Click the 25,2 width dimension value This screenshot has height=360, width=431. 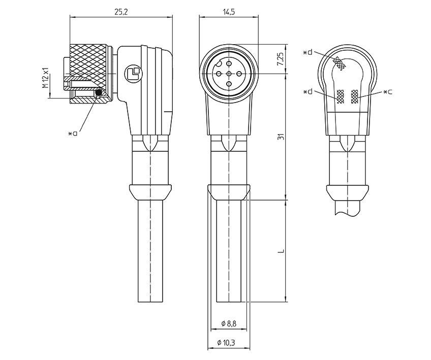pos(120,12)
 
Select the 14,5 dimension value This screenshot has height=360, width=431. pos(229,12)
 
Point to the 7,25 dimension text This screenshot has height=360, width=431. pos(281,60)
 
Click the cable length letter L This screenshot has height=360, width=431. pos(281,251)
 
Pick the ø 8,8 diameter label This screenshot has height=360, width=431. pos(229,323)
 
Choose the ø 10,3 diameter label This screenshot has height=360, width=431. pos(229,343)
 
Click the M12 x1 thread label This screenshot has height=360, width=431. pos(45,78)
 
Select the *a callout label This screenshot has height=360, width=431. pos(73,134)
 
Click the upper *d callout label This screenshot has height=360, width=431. pos(307,52)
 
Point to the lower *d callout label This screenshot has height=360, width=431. pos(307,92)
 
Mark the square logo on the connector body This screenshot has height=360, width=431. pos(134,74)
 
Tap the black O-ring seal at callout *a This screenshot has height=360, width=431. pos(99,92)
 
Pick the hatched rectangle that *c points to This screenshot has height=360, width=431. pos(354,96)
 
